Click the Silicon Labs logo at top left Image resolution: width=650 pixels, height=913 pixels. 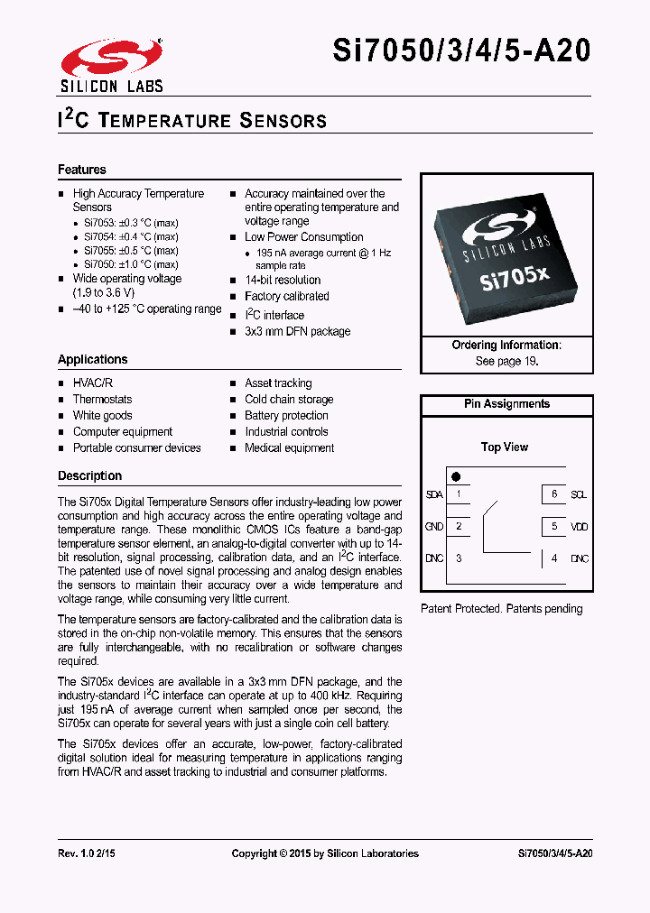click(111, 65)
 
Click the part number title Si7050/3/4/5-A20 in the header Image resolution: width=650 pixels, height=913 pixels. click(462, 51)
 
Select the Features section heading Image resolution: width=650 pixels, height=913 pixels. click(82, 170)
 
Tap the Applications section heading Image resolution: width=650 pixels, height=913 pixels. click(93, 359)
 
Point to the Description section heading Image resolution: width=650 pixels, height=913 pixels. click(89, 475)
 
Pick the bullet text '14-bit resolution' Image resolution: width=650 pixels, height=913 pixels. click(283, 281)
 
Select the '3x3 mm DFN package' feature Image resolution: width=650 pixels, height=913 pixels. click(297, 331)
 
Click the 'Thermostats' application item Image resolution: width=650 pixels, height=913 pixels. click(102, 400)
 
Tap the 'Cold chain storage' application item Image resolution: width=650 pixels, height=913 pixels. click(289, 400)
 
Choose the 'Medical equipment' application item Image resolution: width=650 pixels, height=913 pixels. click(289, 448)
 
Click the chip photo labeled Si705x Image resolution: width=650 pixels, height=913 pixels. click(506, 255)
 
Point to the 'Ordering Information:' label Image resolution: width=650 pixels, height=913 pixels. click(506, 346)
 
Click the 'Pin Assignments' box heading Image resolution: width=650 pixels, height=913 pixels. click(506, 404)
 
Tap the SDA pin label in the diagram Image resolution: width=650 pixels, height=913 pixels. click(434, 494)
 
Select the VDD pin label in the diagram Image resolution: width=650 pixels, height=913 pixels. click(579, 526)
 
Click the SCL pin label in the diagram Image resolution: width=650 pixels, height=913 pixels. click(579, 494)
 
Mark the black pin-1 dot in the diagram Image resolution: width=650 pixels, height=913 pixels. click(456, 476)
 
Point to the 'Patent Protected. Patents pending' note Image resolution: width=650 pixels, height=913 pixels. click(502, 609)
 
